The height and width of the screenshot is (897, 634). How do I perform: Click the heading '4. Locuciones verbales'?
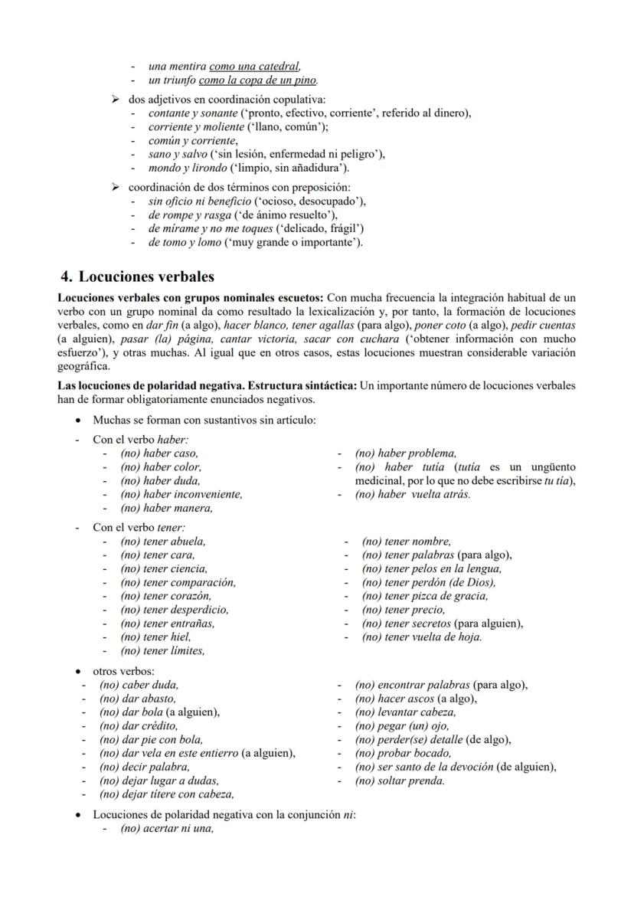tap(138, 277)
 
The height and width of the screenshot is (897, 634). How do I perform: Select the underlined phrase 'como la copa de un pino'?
tap(258, 80)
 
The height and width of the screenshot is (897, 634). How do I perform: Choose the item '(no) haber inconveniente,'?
tap(181, 495)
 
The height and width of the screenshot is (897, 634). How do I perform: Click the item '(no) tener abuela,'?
tap(163, 542)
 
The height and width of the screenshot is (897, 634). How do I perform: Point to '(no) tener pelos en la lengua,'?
tap(432, 569)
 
